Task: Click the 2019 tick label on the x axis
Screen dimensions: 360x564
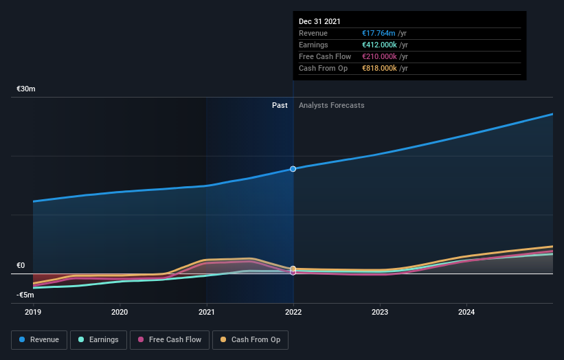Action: [x=33, y=312]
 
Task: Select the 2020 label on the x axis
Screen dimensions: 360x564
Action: [x=120, y=312]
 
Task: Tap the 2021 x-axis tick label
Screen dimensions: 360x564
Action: [x=207, y=312]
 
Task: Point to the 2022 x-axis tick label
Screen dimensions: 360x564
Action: [x=293, y=312]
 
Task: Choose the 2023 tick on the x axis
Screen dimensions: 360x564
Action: [x=380, y=312]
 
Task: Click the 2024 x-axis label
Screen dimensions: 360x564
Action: [x=466, y=312]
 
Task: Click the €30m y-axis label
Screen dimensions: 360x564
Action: [x=26, y=89]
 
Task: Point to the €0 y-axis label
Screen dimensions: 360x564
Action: [x=21, y=266]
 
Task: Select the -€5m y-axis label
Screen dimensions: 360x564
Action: [x=26, y=295]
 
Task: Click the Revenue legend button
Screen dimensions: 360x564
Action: [x=40, y=339]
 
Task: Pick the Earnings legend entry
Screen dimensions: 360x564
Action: [x=98, y=339]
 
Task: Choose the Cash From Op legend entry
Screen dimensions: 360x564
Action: [x=251, y=339]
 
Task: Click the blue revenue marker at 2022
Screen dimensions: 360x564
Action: [x=293, y=168]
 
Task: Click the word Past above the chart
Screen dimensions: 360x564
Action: [x=280, y=105]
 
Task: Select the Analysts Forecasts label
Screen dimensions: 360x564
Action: [x=332, y=105]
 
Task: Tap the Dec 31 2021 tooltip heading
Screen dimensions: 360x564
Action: [x=319, y=22]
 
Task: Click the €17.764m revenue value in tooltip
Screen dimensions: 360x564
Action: [x=380, y=34]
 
